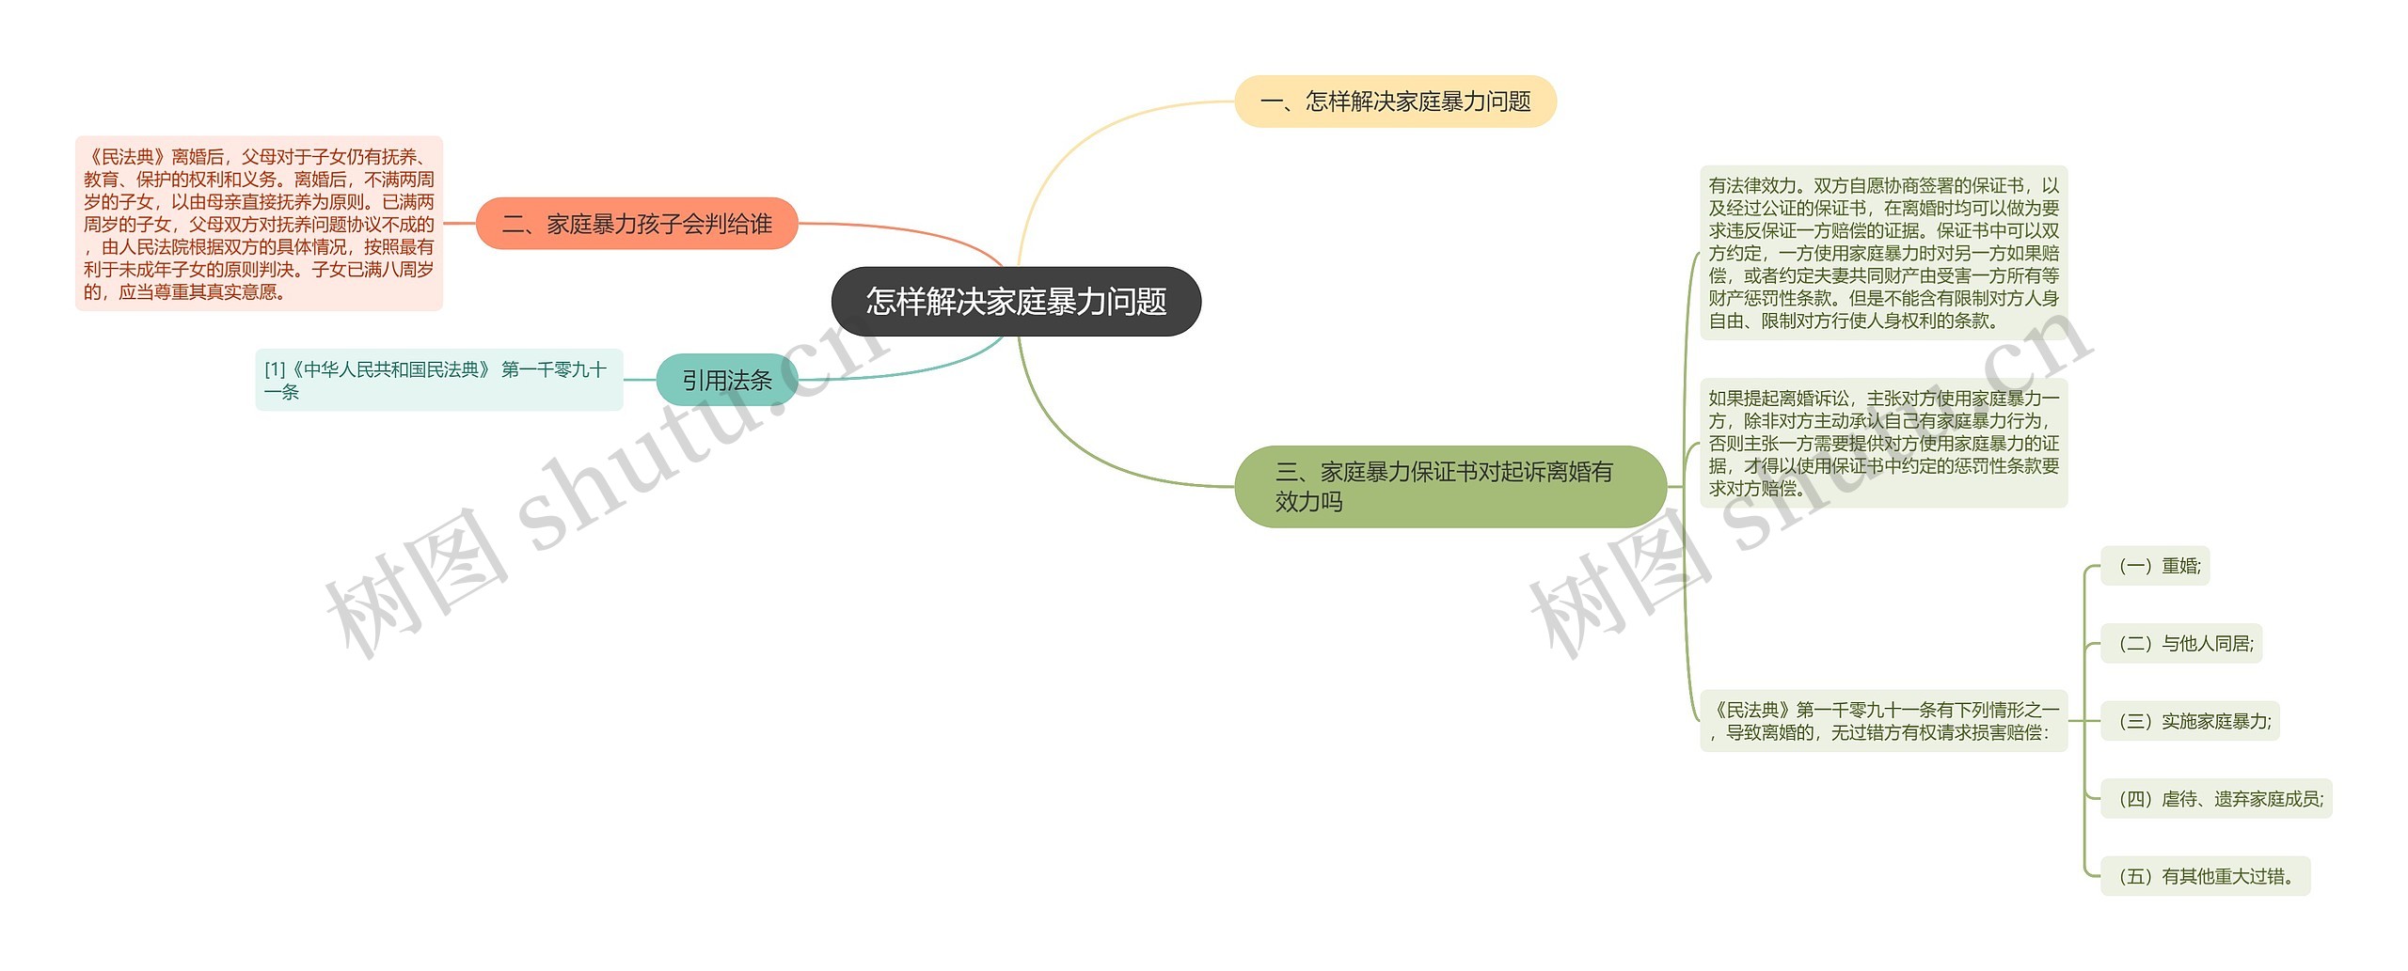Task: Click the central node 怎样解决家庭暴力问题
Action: [x=1016, y=302]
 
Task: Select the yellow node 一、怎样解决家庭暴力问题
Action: [x=1395, y=102]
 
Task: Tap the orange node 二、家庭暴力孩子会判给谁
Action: [x=637, y=224]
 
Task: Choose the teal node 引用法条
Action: [x=726, y=380]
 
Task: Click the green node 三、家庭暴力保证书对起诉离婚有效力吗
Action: [x=1450, y=486]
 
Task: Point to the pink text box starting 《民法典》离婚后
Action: [x=259, y=224]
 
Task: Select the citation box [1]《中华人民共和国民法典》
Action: [x=438, y=380]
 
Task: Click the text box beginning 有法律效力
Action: [x=1883, y=253]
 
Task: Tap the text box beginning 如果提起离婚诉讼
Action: [x=1883, y=443]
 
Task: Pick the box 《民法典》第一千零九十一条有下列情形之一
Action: [x=1883, y=721]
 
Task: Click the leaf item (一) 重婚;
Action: [x=2155, y=566]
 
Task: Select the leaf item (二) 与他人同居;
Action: [x=2181, y=644]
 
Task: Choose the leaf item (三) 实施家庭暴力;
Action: [x=2190, y=721]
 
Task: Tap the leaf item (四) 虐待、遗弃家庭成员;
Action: [x=2216, y=799]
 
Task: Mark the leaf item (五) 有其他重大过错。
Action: [x=2205, y=876]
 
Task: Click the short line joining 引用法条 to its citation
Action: [x=640, y=380]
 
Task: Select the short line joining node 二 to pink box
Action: [x=459, y=224]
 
